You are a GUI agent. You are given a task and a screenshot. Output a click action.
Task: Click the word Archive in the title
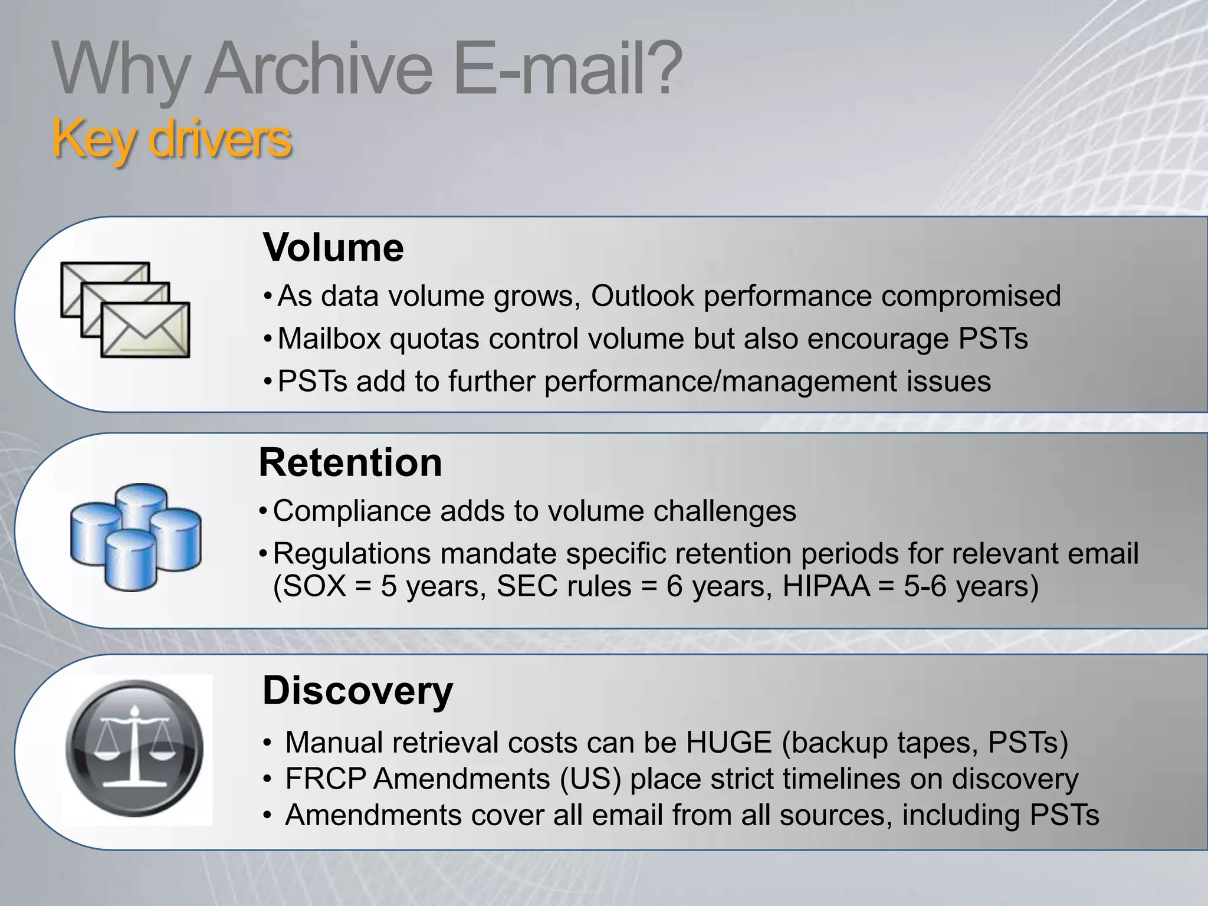point(319,71)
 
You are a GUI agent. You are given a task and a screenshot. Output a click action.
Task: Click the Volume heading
point(333,248)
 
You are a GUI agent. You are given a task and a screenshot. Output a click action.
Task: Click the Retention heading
point(350,462)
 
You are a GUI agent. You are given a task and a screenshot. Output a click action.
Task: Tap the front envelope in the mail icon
point(145,330)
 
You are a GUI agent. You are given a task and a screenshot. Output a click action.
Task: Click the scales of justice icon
point(136,749)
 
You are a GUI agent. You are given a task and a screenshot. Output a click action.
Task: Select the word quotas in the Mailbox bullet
point(434,339)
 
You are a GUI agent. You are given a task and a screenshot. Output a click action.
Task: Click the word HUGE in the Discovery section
point(728,743)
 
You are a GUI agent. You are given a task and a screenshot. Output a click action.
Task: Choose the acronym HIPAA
point(826,586)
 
